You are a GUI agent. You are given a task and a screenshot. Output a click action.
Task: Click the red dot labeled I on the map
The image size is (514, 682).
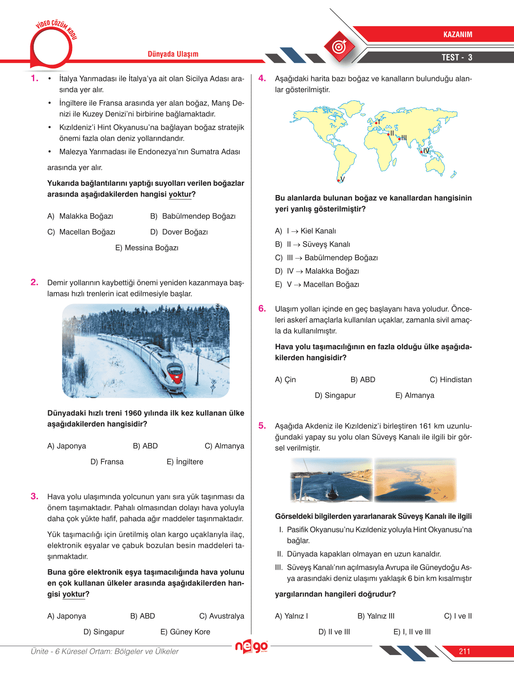(376, 123)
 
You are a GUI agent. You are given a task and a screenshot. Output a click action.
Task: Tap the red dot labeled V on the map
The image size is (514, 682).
(338, 180)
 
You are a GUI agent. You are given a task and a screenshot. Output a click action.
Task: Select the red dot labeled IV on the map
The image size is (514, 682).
(421, 152)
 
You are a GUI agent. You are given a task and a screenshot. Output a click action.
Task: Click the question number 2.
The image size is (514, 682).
(34, 282)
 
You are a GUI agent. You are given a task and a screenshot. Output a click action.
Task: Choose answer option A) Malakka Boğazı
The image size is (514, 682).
(80, 216)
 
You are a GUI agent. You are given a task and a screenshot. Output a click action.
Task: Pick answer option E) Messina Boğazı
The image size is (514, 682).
(147, 248)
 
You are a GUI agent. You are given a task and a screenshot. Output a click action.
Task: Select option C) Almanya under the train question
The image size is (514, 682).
(224, 446)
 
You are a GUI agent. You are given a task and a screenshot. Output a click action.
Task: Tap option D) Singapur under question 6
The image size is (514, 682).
(335, 395)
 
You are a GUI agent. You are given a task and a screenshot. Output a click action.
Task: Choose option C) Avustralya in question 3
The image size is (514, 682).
(222, 616)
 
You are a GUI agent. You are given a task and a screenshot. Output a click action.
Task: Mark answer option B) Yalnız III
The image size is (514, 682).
(376, 616)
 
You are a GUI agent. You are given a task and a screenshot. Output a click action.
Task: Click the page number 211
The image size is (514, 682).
(464, 651)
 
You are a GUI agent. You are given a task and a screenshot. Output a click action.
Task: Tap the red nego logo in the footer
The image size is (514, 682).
(252, 646)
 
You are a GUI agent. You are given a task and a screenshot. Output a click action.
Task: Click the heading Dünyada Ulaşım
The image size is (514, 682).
(173, 54)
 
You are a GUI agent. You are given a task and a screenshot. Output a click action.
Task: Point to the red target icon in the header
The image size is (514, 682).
(339, 46)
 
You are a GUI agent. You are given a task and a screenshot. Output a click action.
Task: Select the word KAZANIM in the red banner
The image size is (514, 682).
(457, 35)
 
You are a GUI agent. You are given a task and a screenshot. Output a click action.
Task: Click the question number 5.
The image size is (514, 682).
(262, 425)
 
